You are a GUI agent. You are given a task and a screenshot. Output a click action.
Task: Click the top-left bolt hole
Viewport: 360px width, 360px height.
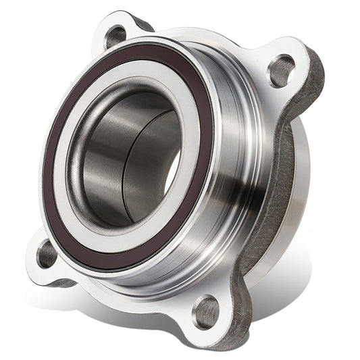click(x=116, y=36)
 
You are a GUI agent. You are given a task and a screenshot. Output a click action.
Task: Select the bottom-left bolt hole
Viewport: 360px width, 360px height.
click(x=47, y=254)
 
